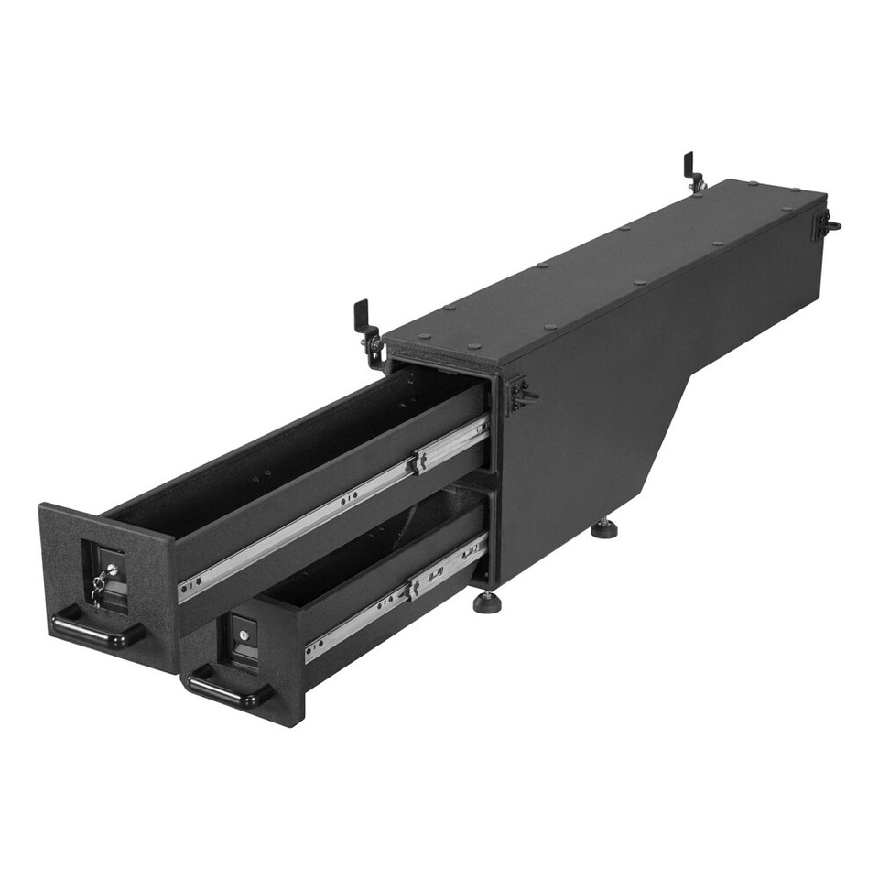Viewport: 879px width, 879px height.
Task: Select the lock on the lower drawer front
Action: [x=245, y=634]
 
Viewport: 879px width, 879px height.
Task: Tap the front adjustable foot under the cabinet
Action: [x=486, y=602]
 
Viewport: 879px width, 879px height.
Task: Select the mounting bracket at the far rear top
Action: [x=693, y=172]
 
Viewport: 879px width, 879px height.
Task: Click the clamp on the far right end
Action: [x=827, y=223]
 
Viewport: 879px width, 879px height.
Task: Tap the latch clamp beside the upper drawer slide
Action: [x=519, y=394]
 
